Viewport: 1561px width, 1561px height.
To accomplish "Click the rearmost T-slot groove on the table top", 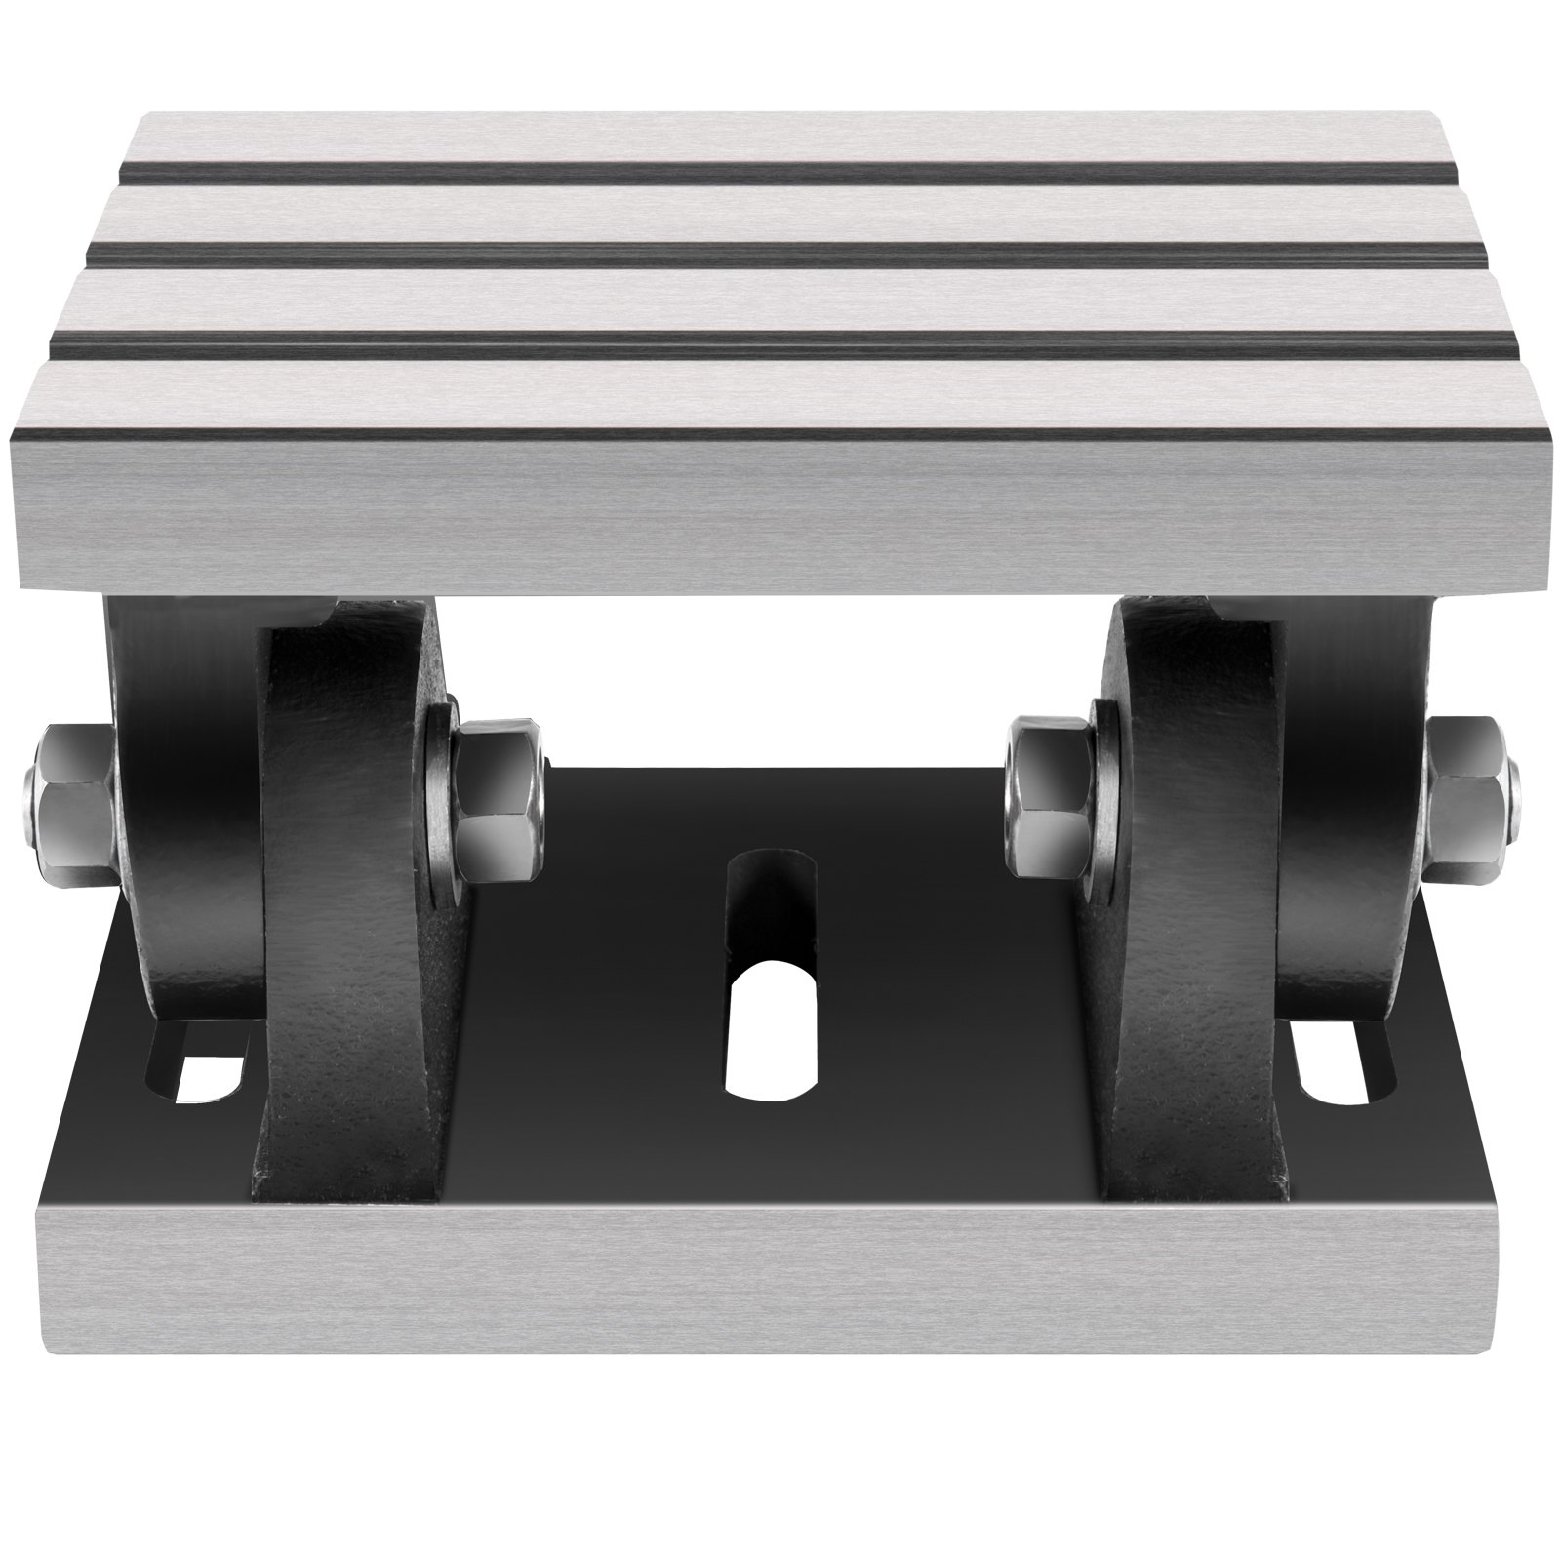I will tap(780, 173).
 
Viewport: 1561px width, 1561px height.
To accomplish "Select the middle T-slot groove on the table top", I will tap(780, 252).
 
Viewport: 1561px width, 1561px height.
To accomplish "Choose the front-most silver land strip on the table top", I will tap(780, 395).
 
